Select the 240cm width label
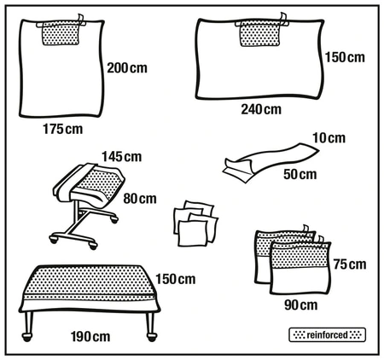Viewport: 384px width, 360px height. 260,109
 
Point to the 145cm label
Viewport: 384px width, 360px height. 122,156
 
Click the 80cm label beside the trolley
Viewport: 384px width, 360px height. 141,199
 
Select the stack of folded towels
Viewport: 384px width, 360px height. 196,223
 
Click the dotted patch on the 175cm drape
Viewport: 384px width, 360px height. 61,33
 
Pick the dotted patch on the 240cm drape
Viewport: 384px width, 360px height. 259,33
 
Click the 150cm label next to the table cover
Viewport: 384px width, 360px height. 176,279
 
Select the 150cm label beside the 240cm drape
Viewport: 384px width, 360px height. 345,58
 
